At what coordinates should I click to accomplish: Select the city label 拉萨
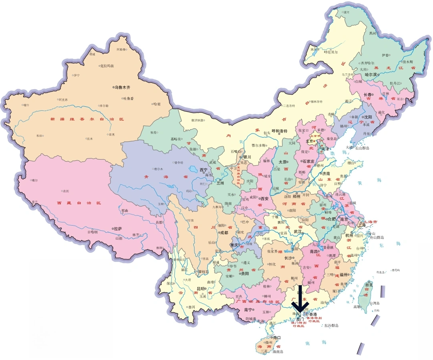click(118, 229)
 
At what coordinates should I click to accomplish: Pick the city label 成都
click(224, 232)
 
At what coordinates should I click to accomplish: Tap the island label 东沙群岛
click(331, 326)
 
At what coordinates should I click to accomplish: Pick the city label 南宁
click(249, 310)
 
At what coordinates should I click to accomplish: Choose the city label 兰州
click(221, 183)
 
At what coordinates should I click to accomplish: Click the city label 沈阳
click(368, 117)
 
